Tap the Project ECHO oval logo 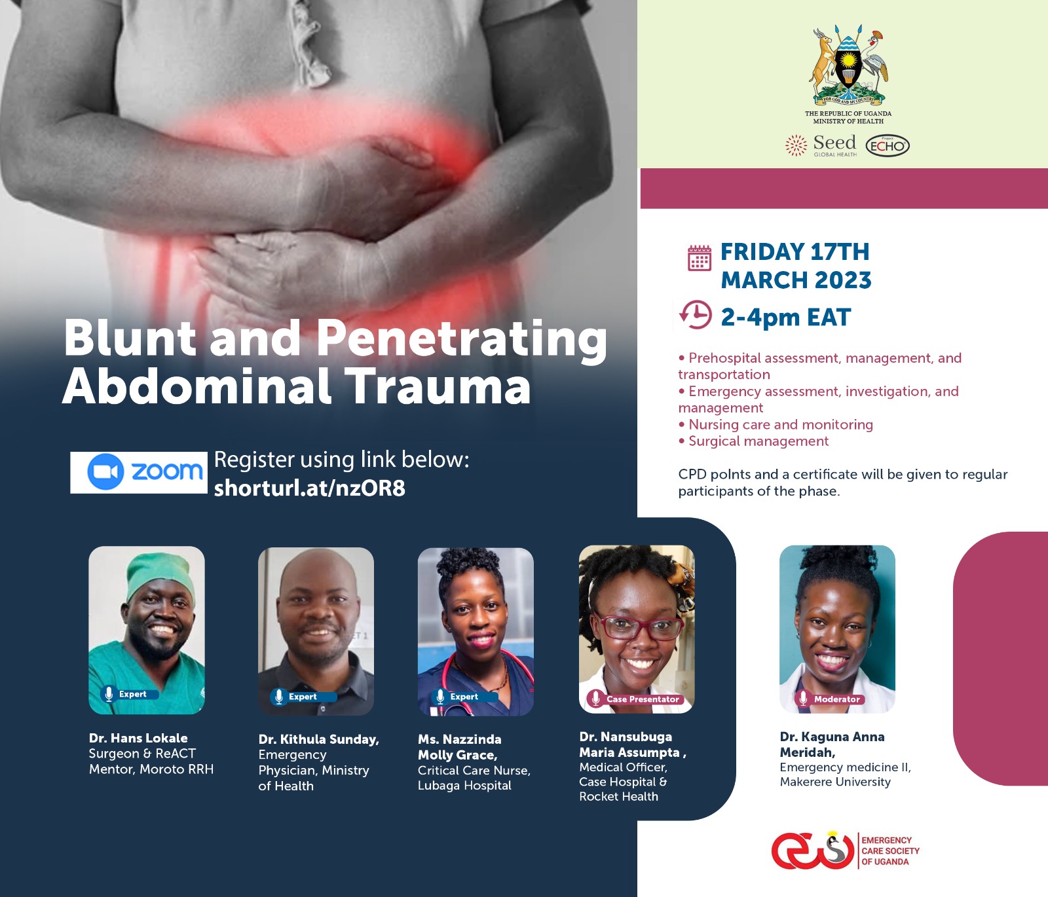coord(888,145)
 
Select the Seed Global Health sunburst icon coord(796,145)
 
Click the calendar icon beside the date coord(699,258)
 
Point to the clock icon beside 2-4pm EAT coord(696,316)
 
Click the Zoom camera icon coord(105,471)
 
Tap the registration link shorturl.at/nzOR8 coord(309,488)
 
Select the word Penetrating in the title coord(462,339)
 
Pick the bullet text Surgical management coord(758,441)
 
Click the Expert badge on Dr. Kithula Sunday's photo coord(303,697)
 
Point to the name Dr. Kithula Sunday coord(318,739)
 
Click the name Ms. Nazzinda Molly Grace coord(459,747)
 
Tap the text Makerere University coord(835,782)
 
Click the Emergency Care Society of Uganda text coord(889,851)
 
